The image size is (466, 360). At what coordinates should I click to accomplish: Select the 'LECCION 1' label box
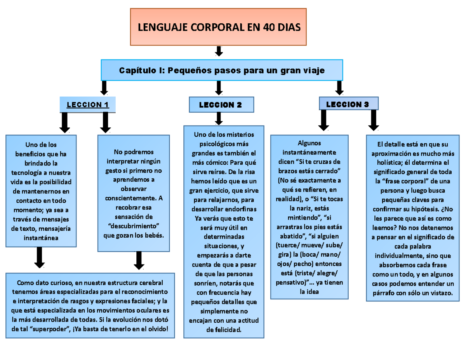click(88, 105)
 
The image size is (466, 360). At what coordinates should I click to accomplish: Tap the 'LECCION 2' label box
click(221, 105)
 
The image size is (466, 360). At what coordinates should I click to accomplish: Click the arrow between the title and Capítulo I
click(219, 51)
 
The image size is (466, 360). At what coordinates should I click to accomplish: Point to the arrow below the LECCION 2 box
click(219, 118)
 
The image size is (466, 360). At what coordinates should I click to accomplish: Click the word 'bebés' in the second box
click(153, 235)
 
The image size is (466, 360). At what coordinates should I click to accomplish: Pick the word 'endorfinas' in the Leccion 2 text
click(243, 209)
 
